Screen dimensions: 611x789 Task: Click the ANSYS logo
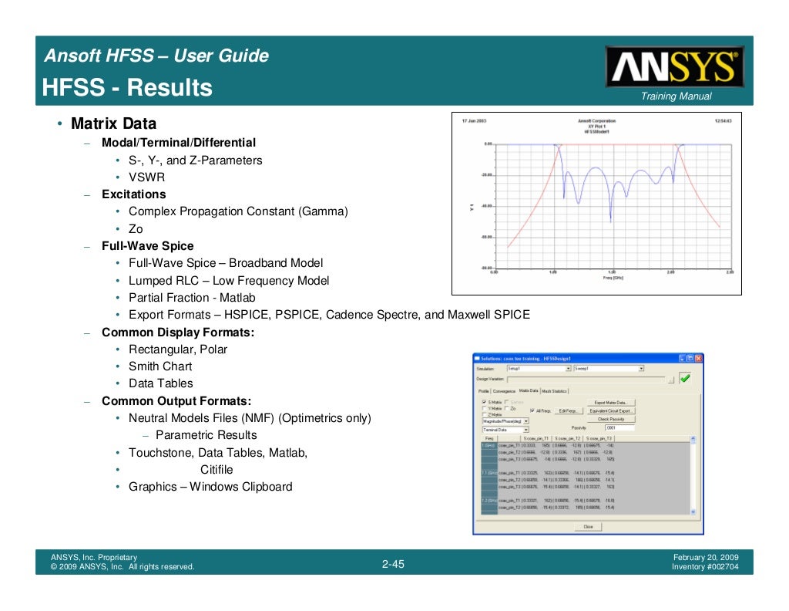pos(674,66)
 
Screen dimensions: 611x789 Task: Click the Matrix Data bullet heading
pos(113,123)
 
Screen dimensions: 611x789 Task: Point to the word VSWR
pos(146,177)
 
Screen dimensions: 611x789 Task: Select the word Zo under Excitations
pos(136,229)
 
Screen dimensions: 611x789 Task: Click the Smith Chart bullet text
pos(160,366)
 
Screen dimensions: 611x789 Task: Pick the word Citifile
pos(217,470)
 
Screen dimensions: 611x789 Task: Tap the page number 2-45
pos(393,565)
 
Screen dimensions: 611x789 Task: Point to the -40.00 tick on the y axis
pos(487,206)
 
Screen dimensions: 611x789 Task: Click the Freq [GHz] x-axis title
pos(613,278)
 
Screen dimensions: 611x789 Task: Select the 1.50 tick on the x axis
pos(612,272)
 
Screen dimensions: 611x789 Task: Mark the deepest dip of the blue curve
pos(578,202)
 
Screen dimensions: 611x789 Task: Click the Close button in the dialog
pos(588,526)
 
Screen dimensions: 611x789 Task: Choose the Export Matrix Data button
pos(611,403)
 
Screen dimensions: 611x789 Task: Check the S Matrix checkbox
pos(484,403)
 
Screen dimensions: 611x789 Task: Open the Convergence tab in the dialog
pos(504,391)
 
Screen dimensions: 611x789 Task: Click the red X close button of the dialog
pos(698,359)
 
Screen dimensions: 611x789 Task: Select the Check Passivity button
pos(610,419)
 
